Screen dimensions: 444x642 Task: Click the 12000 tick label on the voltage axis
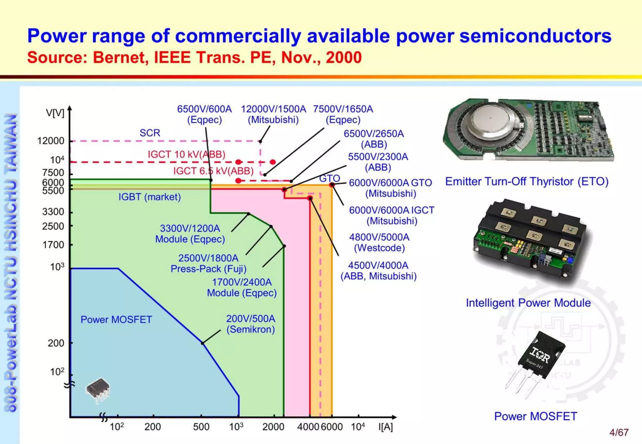(50, 141)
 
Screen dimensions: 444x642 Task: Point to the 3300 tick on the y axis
(53, 212)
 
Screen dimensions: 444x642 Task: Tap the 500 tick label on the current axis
(201, 427)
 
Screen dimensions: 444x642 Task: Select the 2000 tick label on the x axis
(273, 427)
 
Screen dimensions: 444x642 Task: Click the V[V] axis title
(55, 113)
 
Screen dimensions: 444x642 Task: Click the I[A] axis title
(385, 427)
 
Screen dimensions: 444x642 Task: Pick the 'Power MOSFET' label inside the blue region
(116, 319)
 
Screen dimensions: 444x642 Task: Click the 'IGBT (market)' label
(150, 197)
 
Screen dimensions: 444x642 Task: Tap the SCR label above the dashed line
(150, 133)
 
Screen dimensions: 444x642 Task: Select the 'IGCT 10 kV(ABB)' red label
(187, 154)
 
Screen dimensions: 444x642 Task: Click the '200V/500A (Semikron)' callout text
(250, 324)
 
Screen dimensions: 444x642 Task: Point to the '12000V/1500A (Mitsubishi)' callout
(273, 114)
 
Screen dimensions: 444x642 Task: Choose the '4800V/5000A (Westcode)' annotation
(379, 242)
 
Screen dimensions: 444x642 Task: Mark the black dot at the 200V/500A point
(203, 343)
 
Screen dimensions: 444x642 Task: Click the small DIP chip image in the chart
(98, 390)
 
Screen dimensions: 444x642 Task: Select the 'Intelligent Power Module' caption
(528, 303)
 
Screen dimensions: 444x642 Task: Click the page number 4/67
(619, 432)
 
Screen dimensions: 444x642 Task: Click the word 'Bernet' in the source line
(120, 58)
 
